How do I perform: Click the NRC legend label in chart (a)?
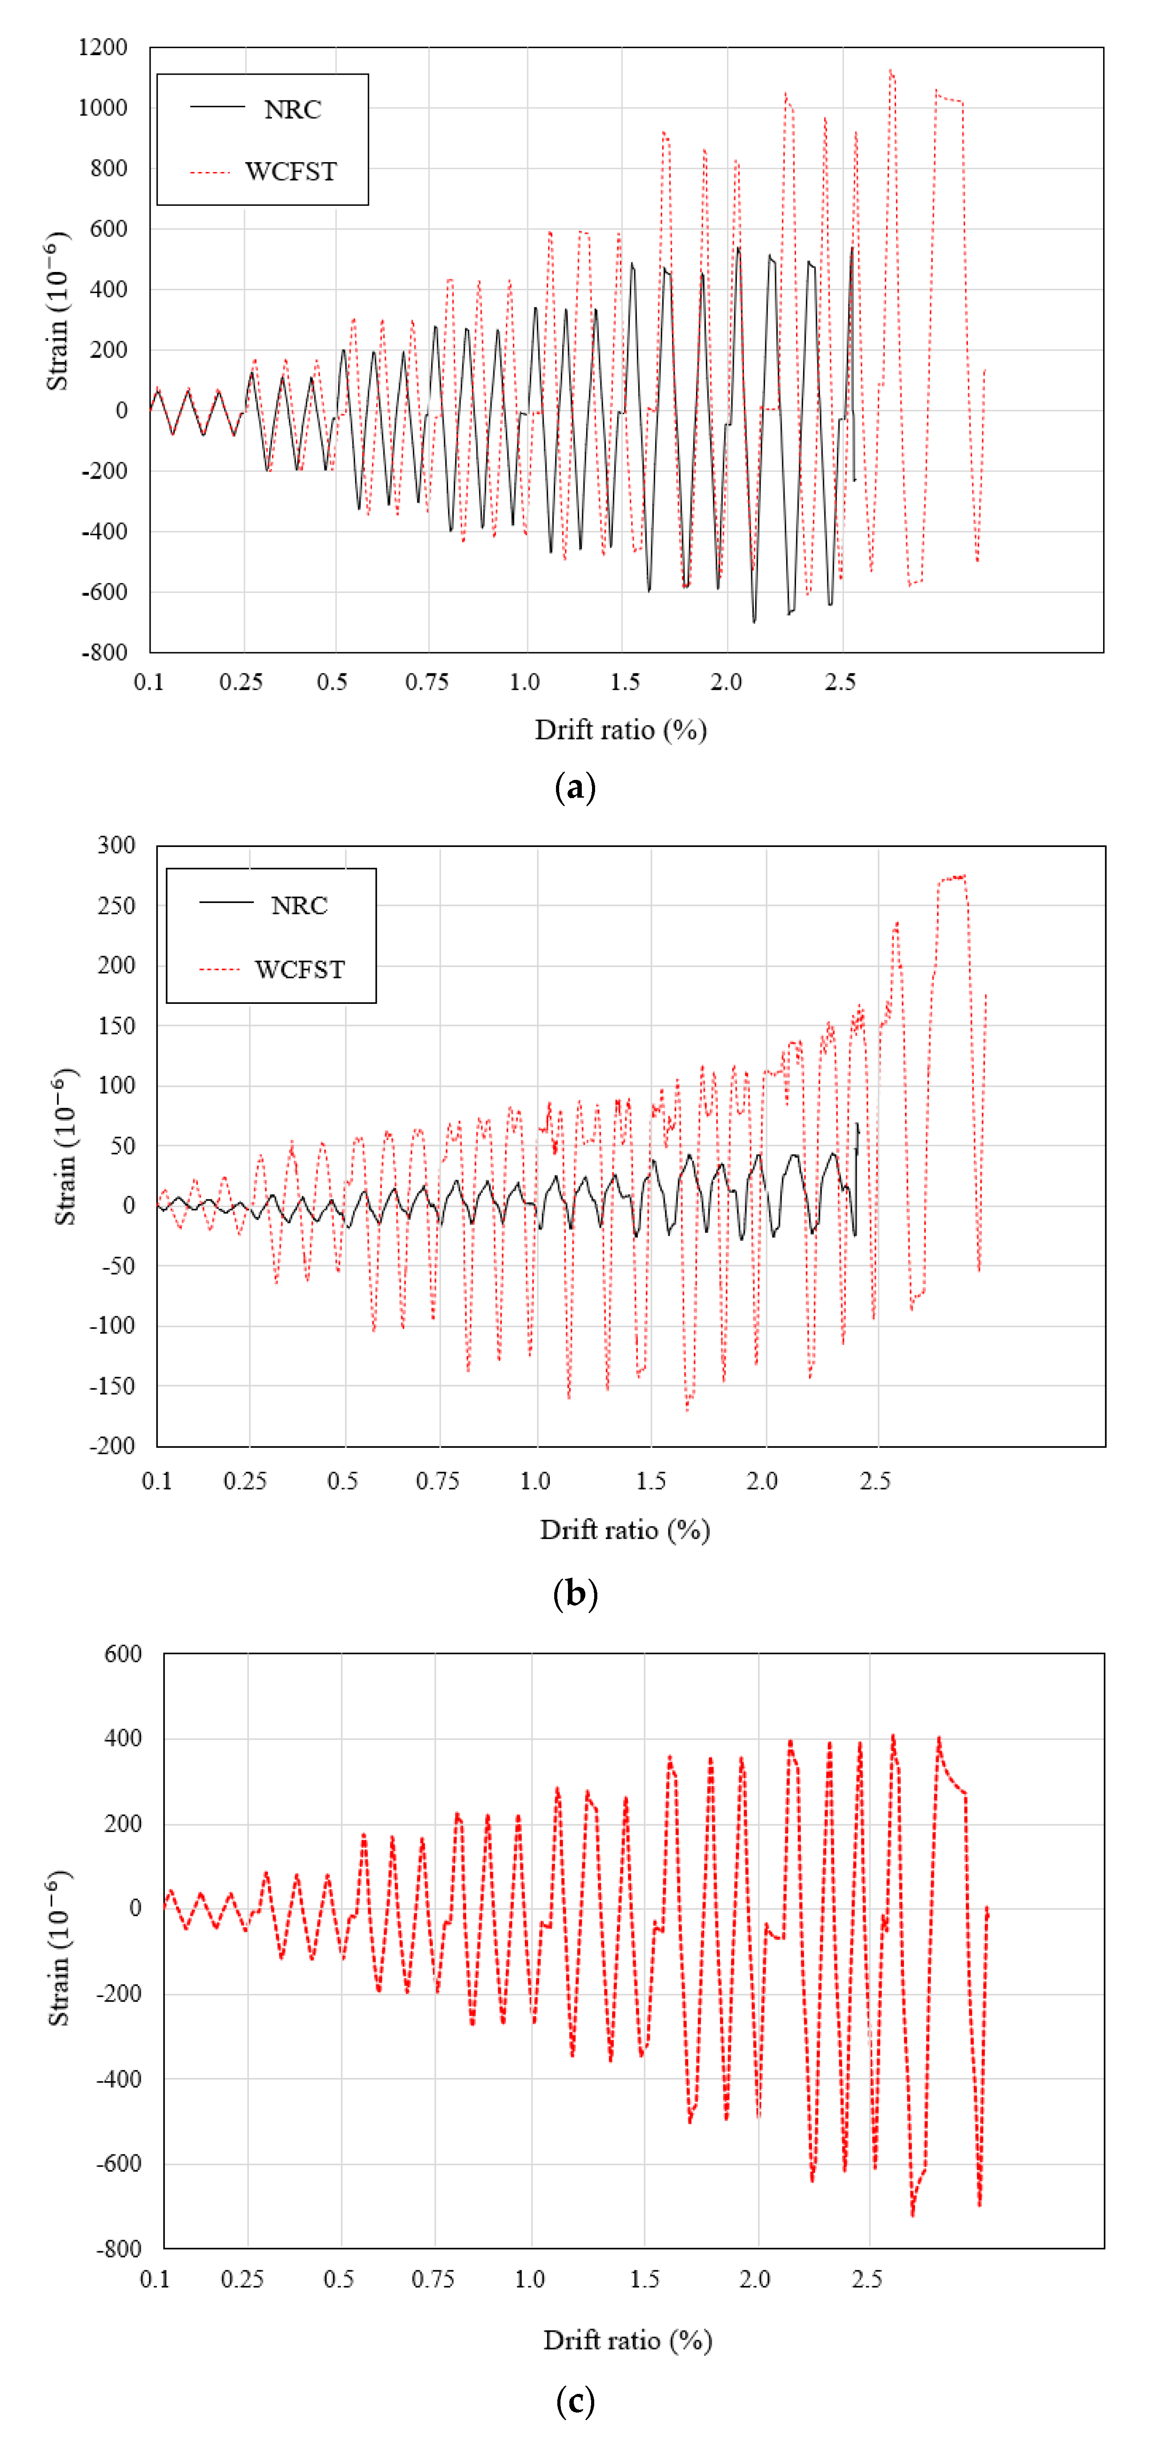(292, 110)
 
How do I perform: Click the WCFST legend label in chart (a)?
(291, 171)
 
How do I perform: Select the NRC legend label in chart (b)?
(299, 905)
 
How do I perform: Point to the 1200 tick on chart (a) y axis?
(102, 47)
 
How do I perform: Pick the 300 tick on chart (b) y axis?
(116, 845)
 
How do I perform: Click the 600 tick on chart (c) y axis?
(123, 1654)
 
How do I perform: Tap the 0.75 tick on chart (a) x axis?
(427, 682)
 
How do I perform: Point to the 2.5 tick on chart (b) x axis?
(876, 1481)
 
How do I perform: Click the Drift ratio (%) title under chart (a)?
(621, 729)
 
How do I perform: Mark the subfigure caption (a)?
(574, 787)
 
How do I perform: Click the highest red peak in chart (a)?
(891, 71)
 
